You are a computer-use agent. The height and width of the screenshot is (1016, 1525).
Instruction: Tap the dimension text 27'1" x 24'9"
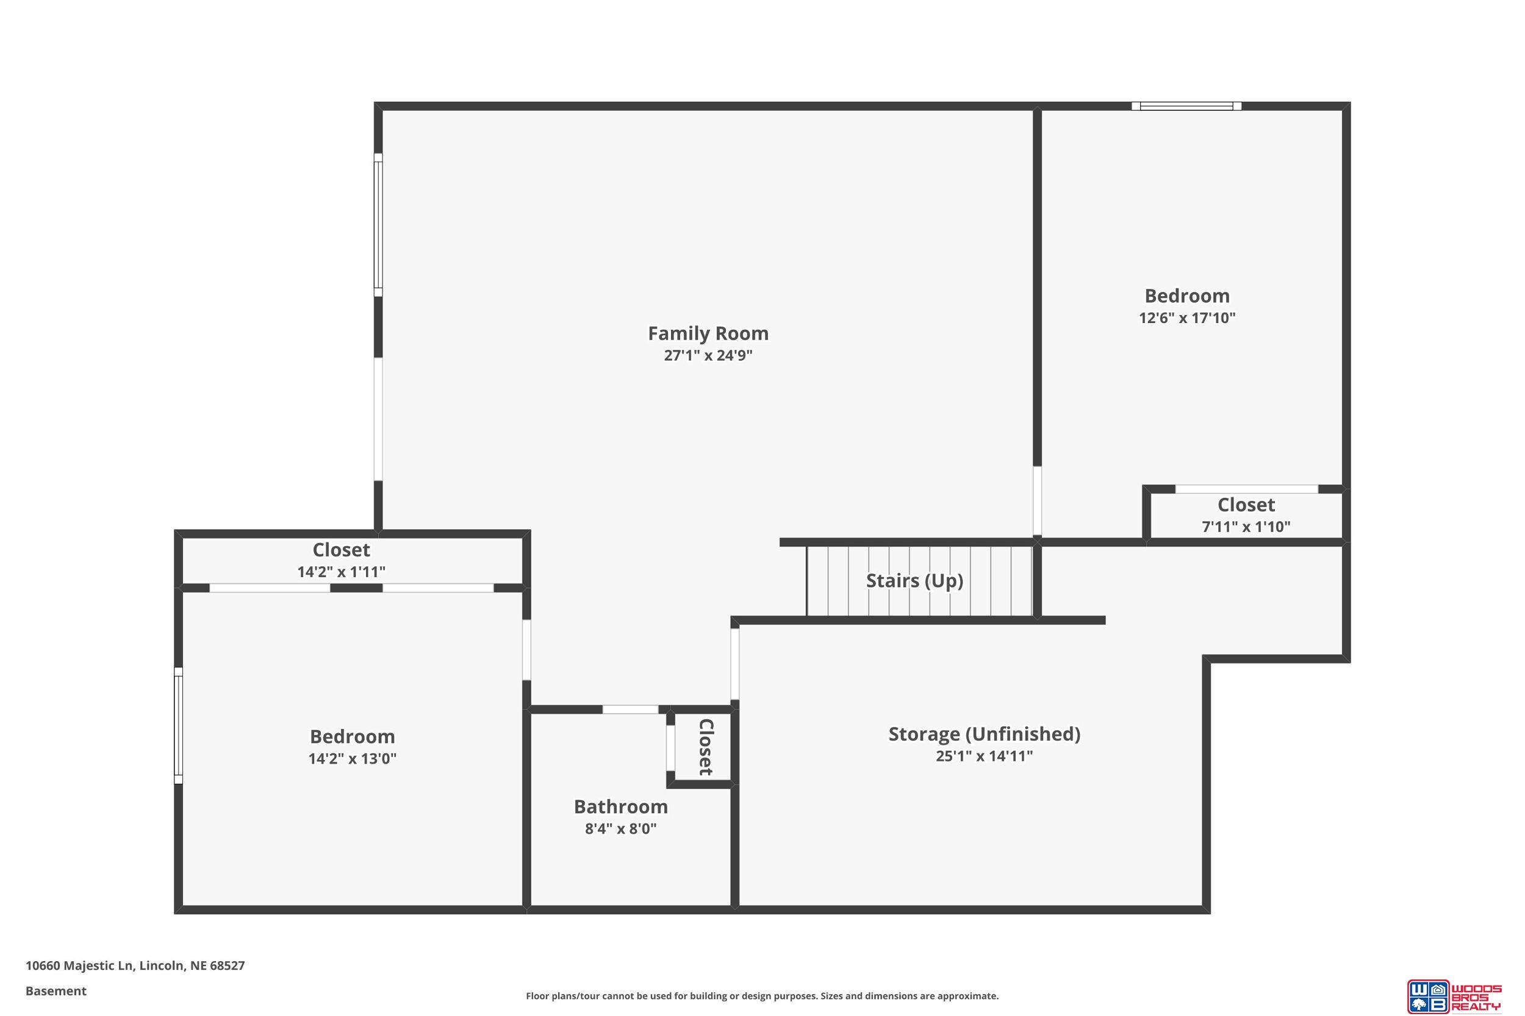pyautogui.click(x=708, y=355)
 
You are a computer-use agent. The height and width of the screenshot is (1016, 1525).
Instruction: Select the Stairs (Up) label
pyautogui.click(x=914, y=581)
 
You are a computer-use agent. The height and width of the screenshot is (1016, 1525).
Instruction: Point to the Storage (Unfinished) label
pyautogui.click(x=985, y=734)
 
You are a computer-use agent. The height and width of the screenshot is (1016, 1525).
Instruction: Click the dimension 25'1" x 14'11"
pyautogui.click(x=985, y=756)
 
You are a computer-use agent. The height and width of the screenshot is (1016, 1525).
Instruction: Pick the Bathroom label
pyautogui.click(x=620, y=807)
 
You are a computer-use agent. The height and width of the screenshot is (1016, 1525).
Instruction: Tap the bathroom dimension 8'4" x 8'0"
pyautogui.click(x=620, y=829)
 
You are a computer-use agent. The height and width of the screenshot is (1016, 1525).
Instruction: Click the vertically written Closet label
pyautogui.click(x=705, y=747)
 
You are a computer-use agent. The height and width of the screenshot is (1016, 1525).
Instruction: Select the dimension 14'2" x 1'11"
pyautogui.click(x=341, y=572)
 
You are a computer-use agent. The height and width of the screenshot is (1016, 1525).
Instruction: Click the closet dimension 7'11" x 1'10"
pyautogui.click(x=1246, y=527)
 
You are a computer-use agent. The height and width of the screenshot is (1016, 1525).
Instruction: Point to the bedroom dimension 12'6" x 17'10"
pyautogui.click(x=1187, y=318)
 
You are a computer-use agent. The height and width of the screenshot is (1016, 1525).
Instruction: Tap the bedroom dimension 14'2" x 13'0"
pyautogui.click(x=352, y=759)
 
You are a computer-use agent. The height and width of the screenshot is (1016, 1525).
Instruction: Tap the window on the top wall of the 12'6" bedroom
pyautogui.click(x=1186, y=106)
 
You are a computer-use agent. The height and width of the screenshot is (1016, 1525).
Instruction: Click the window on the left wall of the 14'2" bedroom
pyautogui.click(x=178, y=725)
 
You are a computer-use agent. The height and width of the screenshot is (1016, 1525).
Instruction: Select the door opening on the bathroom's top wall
pyautogui.click(x=630, y=709)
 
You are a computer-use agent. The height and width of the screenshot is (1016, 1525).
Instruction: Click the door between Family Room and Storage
pyautogui.click(x=734, y=664)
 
